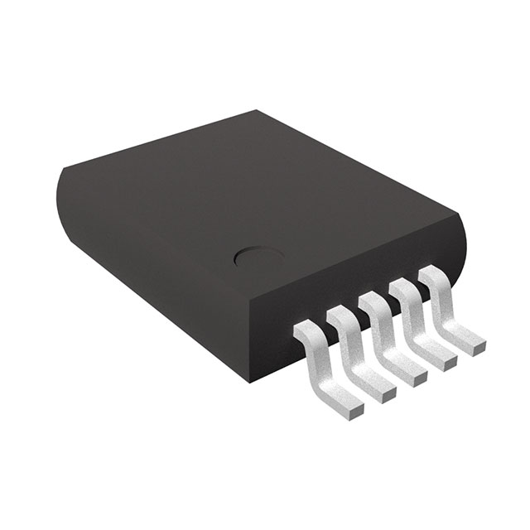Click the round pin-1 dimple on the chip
248,258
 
